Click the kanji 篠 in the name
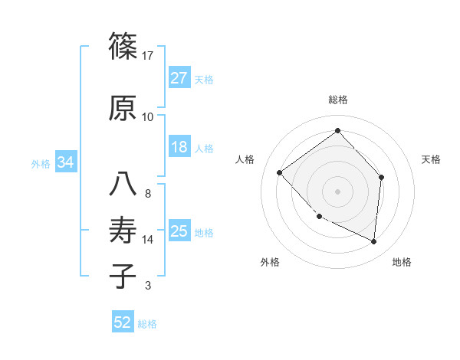123,47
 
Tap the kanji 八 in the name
123,184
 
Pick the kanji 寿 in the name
123,231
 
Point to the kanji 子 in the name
123,276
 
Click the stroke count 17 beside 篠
148,56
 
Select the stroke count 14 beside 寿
148,240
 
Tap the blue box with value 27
179,77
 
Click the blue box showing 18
179,147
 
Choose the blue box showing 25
179,231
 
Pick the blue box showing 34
65,162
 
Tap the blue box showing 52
122,322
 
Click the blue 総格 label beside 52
147,324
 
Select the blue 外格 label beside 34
41,163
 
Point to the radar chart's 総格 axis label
337,100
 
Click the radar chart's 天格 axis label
431,159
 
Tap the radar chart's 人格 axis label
245,159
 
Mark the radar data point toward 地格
373,241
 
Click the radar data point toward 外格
319,217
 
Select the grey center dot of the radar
337,191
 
